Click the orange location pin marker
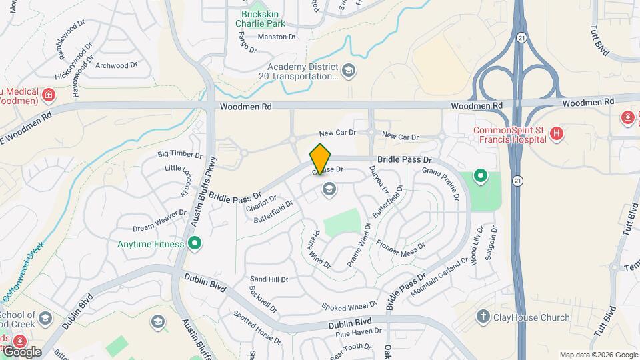click(x=321, y=159)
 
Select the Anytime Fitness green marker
click(x=195, y=244)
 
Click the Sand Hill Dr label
click(x=269, y=279)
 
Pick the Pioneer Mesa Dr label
click(x=401, y=249)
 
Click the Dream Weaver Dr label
click(x=160, y=220)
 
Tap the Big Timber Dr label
click(x=180, y=155)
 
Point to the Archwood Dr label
click(x=116, y=65)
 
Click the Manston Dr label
click(x=276, y=37)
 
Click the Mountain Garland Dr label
click(x=436, y=278)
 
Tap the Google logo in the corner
click(x=21, y=351)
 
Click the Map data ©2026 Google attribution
click(x=598, y=355)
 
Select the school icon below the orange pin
click(x=328, y=190)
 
